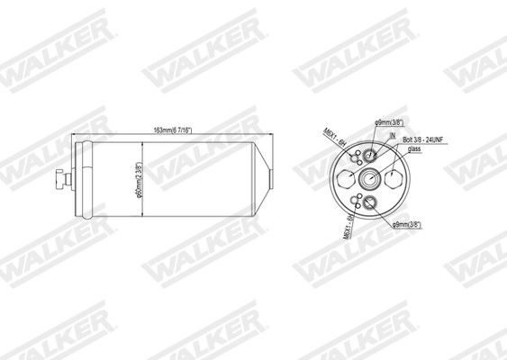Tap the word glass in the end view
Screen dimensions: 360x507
point(413,151)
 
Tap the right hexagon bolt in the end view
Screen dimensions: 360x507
point(393,179)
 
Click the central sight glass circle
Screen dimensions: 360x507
point(369,179)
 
